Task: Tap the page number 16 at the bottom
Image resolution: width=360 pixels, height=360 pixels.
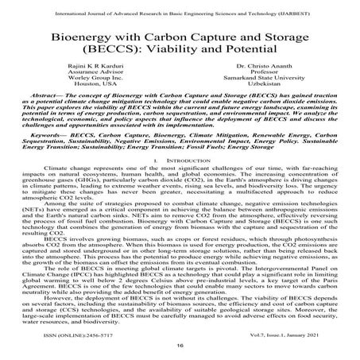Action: click(180, 346)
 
